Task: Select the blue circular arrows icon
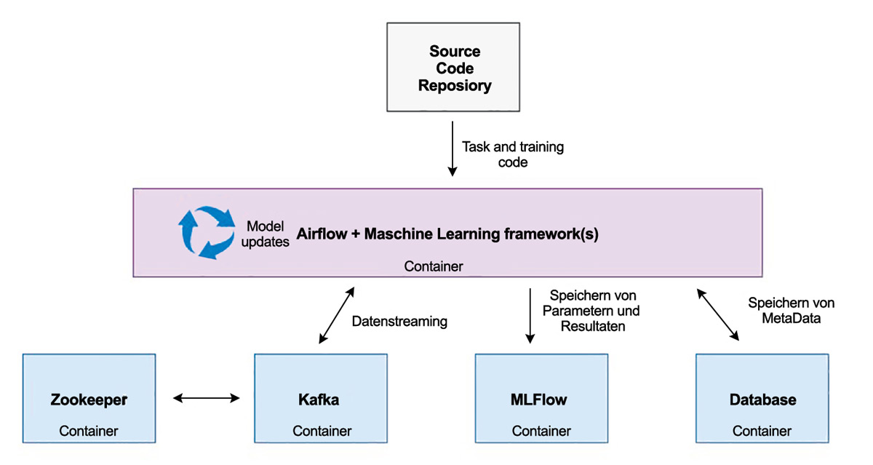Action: [205, 233]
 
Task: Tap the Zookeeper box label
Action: [89, 400]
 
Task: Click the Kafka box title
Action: [319, 400]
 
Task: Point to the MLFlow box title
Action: [539, 400]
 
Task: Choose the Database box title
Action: [762, 400]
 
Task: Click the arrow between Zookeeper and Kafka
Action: [207, 397]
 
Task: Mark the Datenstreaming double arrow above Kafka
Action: [336, 314]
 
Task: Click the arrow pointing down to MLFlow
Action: [530, 314]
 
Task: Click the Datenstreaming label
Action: [399, 321]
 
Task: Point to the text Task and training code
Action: [513, 154]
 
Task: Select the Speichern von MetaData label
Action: [791, 311]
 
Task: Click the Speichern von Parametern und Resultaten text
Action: [594, 311]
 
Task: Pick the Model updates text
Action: [268, 234]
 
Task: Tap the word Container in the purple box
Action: [434, 266]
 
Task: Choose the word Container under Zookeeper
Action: [89, 431]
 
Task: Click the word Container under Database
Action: [762, 431]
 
